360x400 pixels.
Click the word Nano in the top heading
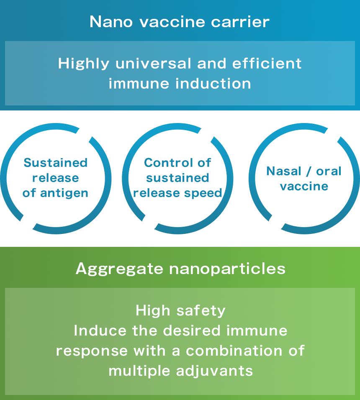(111, 22)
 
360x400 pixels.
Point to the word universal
(153, 63)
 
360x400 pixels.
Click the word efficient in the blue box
(267, 63)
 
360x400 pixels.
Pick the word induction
(213, 83)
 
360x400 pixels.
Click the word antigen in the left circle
(64, 193)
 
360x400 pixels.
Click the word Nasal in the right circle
(284, 171)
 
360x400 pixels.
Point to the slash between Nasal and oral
(309, 172)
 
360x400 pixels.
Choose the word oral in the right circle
(329, 171)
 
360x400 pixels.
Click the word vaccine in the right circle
(304, 187)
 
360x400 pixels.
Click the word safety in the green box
(201, 311)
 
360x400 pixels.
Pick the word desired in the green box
(192, 331)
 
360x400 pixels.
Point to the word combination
(234, 351)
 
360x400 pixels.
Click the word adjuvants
(214, 372)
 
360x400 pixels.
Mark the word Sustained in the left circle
(56, 163)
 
